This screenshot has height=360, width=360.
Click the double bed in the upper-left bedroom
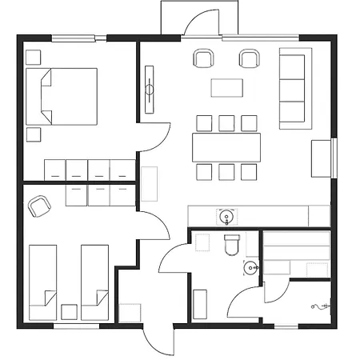coord(62,95)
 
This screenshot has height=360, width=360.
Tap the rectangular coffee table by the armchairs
coord(226,86)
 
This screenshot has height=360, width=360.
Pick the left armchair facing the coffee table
coord(203,58)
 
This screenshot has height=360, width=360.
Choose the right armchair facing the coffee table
coord(250,58)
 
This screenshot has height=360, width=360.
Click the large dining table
coord(226,146)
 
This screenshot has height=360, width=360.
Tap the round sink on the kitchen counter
coord(226,216)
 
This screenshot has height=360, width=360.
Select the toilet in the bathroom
coord(232,245)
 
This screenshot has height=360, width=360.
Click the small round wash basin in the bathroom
coord(252,267)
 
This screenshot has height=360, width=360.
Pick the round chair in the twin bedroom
coord(38,206)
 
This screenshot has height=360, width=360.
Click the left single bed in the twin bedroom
coord(42,282)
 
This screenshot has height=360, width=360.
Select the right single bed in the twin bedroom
coord(94,282)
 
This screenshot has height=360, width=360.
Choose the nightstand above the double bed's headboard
coord(34,58)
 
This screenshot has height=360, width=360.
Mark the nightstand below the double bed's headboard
coord(34,134)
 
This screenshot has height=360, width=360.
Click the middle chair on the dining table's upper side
coord(226,122)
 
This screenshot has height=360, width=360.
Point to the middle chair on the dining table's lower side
coord(226,171)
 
